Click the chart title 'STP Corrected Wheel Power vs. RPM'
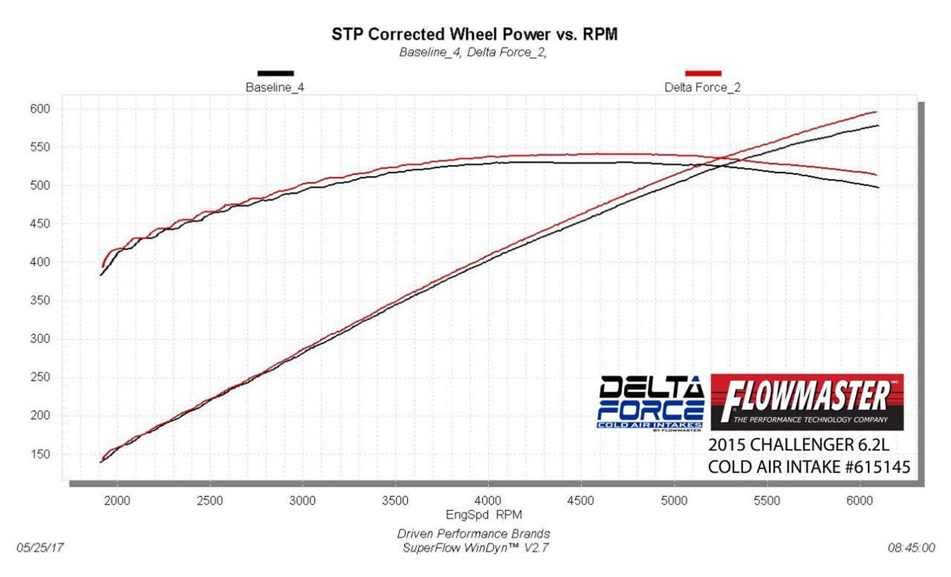pos(474,34)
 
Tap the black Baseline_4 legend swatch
pos(275,74)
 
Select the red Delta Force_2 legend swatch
pos(702,74)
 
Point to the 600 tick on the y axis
pos(40,109)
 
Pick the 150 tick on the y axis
pos(40,454)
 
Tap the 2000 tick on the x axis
pos(117,500)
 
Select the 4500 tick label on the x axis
pos(580,500)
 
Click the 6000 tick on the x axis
pos(859,500)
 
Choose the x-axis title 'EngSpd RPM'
pos(484,514)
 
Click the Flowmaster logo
pos(806,402)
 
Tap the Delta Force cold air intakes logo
pos(651,403)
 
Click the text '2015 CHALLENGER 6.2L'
pos(798,444)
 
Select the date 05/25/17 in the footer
pos(40,547)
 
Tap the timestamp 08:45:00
pos(911,547)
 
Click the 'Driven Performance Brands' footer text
pos(473,534)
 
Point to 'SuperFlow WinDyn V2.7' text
pos(475,547)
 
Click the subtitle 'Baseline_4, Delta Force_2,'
pos(472,53)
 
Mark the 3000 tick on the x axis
pos(302,500)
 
